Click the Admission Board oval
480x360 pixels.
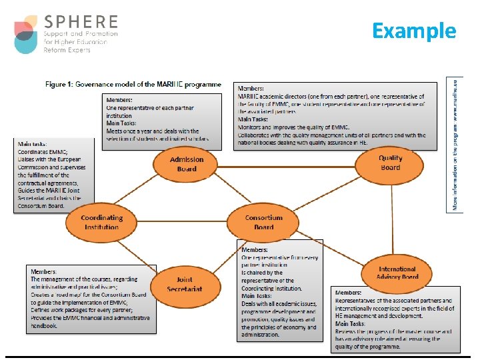click(x=187, y=164)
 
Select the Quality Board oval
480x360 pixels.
click(x=390, y=163)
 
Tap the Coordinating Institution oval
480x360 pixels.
click(x=102, y=222)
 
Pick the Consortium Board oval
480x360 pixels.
click(x=263, y=222)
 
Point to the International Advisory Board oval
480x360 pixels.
click(x=397, y=273)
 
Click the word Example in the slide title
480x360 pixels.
click(x=413, y=31)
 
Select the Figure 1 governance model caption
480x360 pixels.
click(x=133, y=85)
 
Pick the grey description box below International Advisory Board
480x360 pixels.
click(x=395, y=319)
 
